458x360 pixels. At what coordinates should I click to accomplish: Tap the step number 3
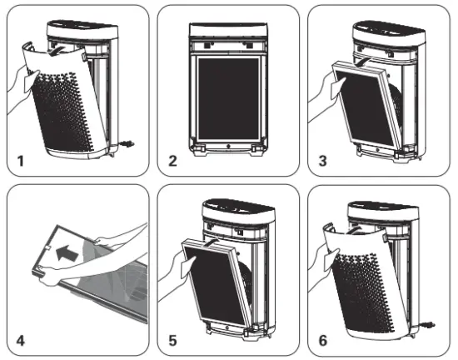tap(323, 159)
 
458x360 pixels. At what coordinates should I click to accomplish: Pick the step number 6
tap(323, 339)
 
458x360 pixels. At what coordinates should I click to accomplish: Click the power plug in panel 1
tap(126, 142)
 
